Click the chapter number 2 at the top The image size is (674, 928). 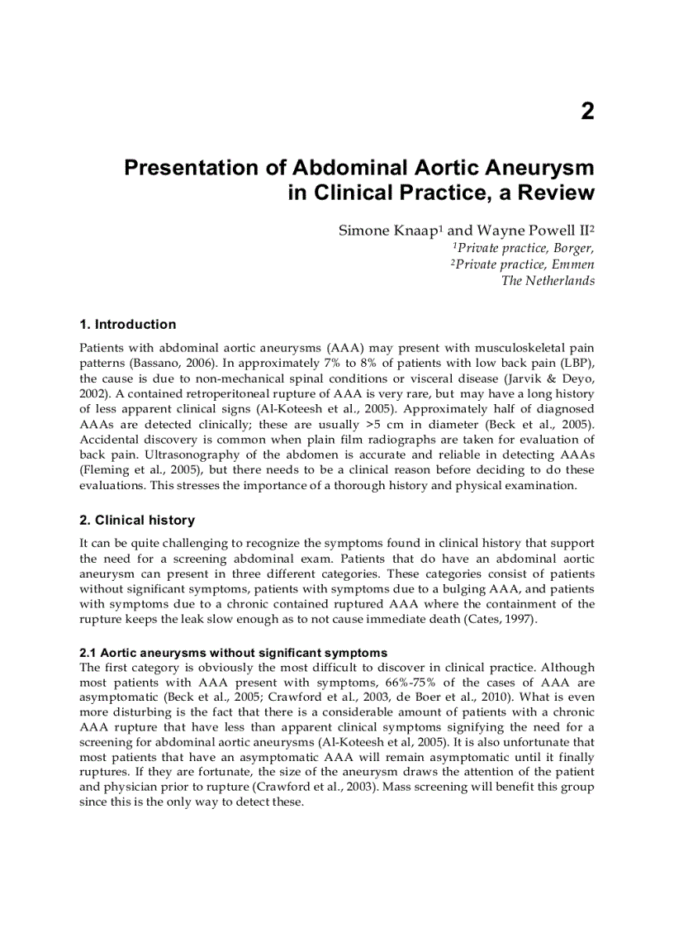(x=586, y=112)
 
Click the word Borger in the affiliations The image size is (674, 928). (x=573, y=248)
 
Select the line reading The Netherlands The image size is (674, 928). (x=548, y=280)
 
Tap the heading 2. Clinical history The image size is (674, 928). (x=137, y=520)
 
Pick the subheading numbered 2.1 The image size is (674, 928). (x=233, y=653)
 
